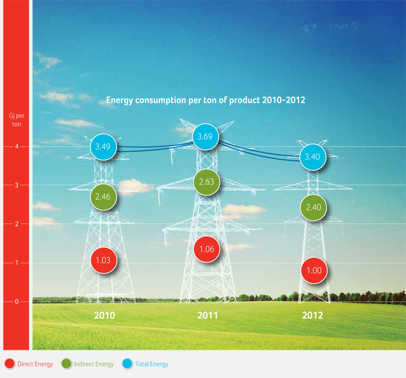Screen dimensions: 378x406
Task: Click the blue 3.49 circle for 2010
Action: click(103, 147)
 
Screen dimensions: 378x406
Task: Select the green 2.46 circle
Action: click(103, 197)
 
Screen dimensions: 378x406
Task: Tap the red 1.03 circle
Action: click(103, 260)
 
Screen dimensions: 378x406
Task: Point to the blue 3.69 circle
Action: click(206, 137)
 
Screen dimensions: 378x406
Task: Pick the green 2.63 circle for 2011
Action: click(206, 182)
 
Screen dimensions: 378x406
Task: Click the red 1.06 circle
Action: click(206, 249)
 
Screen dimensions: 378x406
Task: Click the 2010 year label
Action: click(105, 316)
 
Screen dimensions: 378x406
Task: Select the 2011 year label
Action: click(208, 316)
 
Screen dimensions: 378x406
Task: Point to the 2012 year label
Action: click(313, 316)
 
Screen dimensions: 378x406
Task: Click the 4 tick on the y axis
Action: click(17, 147)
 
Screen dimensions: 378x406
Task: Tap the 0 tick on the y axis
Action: click(17, 301)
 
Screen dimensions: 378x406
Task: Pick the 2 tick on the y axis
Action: click(17, 224)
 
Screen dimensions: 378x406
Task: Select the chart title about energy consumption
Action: click(206, 100)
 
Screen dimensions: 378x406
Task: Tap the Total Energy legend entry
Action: click(146, 364)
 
